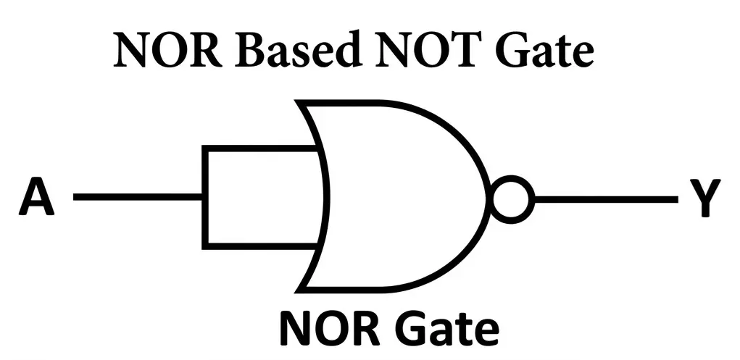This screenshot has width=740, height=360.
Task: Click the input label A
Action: (x=36, y=197)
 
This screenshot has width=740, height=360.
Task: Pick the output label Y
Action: (x=701, y=198)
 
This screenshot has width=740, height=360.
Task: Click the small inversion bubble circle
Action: (x=512, y=198)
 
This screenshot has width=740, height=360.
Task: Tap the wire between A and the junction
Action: (x=138, y=197)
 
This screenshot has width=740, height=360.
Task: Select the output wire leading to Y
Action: (x=605, y=198)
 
